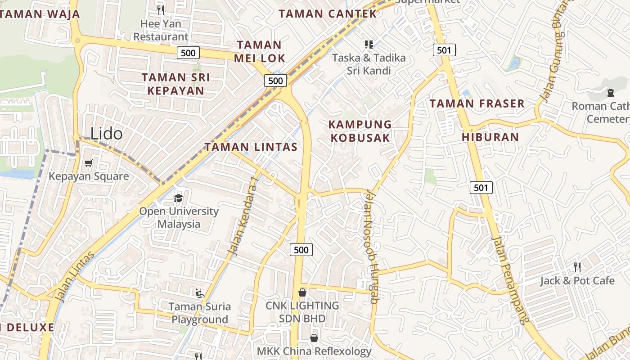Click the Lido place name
pos(106,134)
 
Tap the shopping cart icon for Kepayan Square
pos(89,163)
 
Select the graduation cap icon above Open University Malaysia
pos(179,198)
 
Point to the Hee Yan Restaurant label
pos(161,30)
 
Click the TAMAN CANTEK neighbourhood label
pos(328,13)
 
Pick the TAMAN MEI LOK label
pos(259,51)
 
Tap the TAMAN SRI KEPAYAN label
pos(175,84)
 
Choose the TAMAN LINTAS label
pos(251,147)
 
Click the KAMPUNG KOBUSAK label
pos(360,131)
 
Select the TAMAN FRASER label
pos(477,103)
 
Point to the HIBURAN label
pos(490,137)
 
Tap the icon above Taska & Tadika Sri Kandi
pos(369,44)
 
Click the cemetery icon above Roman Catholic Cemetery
pos(610,93)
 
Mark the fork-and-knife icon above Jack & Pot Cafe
pos(577,267)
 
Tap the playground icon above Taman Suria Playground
pos(200,293)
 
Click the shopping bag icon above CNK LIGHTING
pos(302,292)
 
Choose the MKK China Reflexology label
pos(314,351)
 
